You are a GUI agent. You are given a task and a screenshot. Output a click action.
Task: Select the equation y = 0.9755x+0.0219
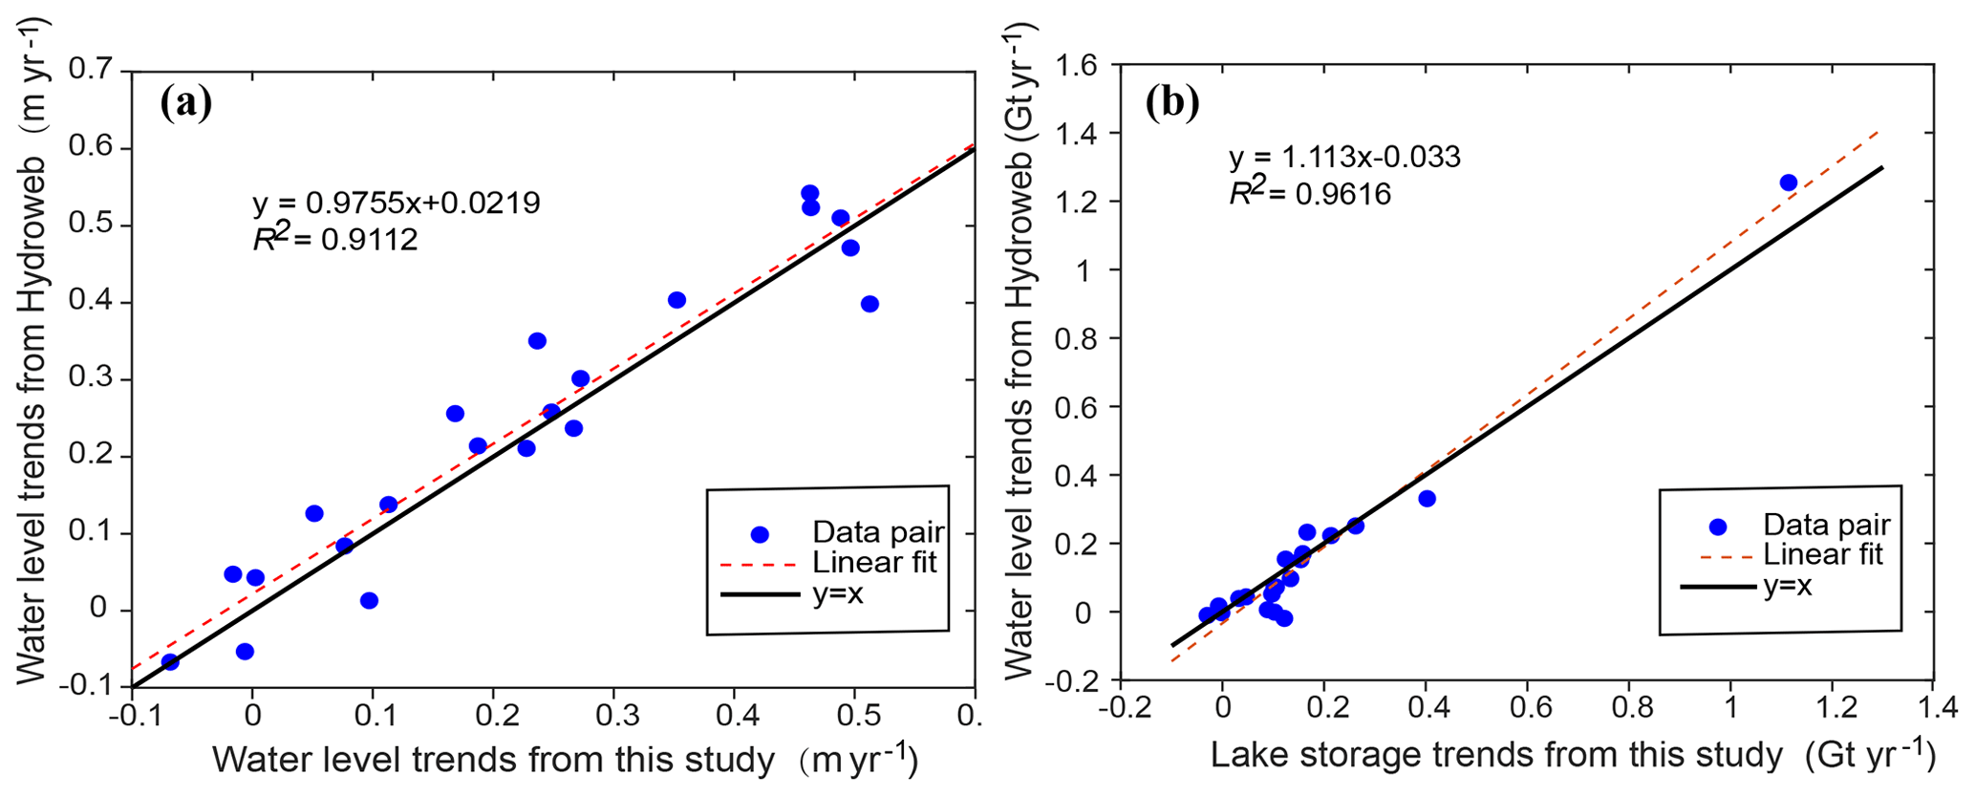(397, 203)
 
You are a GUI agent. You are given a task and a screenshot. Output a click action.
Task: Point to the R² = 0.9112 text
(335, 238)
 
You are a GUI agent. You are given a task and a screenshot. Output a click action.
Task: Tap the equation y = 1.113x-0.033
(1344, 157)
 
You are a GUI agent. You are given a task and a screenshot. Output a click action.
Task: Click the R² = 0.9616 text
(1310, 193)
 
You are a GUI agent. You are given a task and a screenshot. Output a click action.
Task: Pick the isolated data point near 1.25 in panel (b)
(1789, 183)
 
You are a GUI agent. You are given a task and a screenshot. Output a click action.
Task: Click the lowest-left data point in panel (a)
(170, 661)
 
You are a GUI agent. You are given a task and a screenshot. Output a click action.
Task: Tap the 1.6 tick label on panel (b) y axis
(1076, 65)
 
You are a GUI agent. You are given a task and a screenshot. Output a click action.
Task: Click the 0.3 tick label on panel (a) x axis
(612, 716)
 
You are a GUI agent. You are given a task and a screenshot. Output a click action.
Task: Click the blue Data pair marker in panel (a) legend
(760, 534)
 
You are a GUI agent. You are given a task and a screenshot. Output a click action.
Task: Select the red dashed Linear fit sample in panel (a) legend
(759, 565)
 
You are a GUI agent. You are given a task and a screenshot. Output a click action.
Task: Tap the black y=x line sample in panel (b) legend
(1718, 586)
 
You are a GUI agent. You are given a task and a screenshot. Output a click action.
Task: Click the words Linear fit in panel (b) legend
(1823, 555)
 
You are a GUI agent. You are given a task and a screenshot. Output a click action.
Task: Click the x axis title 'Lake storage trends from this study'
(1496, 756)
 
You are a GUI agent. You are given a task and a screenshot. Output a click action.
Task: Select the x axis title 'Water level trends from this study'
(493, 760)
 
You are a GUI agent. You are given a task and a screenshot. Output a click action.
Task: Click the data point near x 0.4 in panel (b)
(1427, 499)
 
